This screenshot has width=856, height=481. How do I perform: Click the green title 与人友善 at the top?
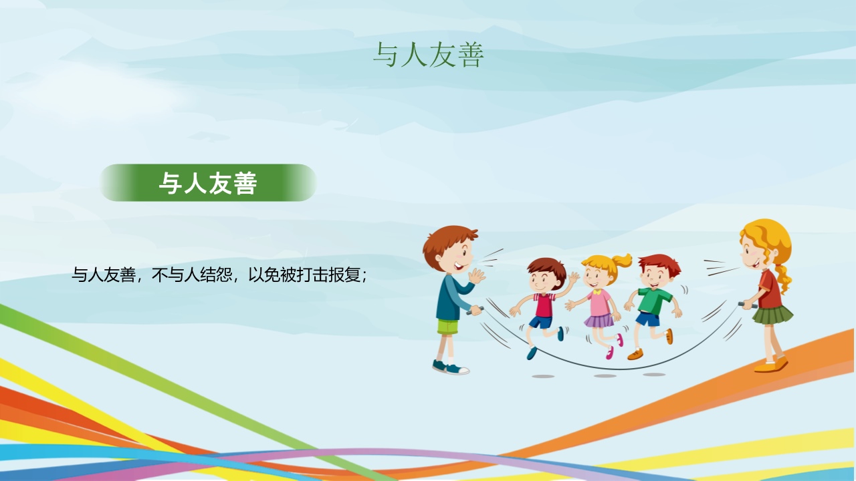[429, 55]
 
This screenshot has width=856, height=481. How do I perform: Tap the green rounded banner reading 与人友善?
[208, 183]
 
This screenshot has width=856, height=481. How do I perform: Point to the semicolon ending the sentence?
[364, 277]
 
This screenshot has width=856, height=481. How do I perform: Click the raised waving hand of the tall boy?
[477, 276]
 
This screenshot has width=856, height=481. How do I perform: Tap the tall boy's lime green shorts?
[447, 327]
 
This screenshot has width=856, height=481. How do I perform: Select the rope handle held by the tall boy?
[475, 311]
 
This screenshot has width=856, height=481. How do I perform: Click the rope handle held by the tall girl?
[748, 305]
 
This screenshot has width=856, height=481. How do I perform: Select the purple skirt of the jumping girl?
[599, 321]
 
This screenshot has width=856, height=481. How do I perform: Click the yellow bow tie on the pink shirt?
[597, 292]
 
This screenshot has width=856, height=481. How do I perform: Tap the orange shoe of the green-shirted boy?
[635, 355]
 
